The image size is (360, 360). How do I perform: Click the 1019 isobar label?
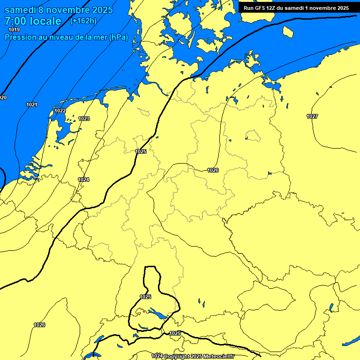14,30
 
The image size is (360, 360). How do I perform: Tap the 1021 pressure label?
32,105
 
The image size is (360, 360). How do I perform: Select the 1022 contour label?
60,111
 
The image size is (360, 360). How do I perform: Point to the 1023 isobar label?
84,119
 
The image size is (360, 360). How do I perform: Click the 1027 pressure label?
312,116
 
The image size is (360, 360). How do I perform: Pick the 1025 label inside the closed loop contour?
145,297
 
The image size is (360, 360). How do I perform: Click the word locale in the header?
44,21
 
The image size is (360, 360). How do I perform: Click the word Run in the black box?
248,8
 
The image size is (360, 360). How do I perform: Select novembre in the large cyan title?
68,10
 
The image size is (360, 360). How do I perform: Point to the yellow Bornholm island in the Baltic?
288,31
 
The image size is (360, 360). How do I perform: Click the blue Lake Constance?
156,313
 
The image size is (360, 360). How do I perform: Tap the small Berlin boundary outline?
252,135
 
